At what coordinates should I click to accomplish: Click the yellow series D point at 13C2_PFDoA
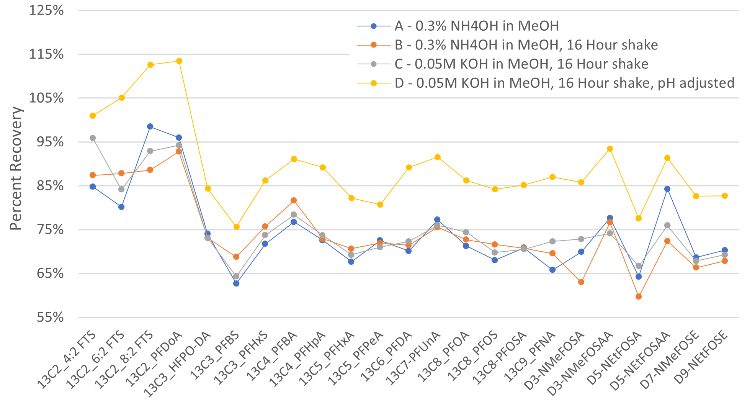(179, 61)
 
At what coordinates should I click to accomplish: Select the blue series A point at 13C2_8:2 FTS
(150, 126)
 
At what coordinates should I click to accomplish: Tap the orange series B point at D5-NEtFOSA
(639, 296)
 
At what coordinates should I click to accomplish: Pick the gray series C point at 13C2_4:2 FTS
(93, 138)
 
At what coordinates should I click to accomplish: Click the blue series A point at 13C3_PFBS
(236, 283)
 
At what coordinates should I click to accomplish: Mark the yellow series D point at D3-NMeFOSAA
(610, 149)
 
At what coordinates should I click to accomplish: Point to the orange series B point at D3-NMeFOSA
(581, 282)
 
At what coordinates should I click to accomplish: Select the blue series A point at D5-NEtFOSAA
(667, 189)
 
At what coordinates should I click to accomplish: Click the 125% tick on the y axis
(46, 10)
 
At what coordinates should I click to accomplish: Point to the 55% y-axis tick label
(50, 318)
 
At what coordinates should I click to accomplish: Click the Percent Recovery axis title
(16, 169)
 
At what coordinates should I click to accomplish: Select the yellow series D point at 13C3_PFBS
(237, 227)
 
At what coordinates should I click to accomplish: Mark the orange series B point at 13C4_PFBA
(294, 200)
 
